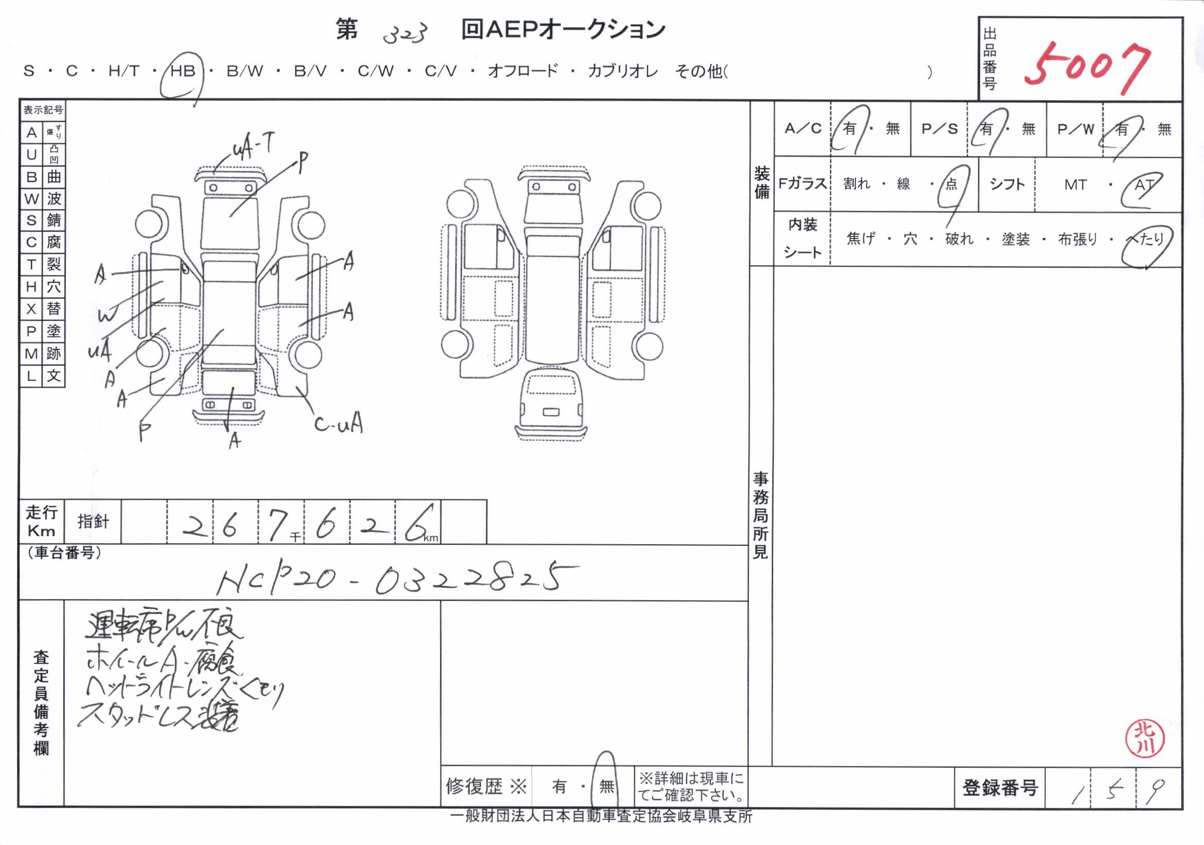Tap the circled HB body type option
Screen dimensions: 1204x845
tap(183, 71)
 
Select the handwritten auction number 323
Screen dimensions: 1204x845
tap(405, 34)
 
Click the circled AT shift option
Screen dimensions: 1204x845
tap(1144, 185)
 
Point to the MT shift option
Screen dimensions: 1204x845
tap(1075, 185)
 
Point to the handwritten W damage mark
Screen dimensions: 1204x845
tap(107, 315)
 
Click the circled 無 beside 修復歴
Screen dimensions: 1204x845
tap(606, 786)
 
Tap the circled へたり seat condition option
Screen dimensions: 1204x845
tap(1146, 240)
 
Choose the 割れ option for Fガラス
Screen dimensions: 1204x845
tap(857, 184)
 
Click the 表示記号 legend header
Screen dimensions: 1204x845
tap(43, 110)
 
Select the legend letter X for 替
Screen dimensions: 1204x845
tap(31, 309)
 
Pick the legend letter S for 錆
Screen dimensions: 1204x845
tap(31, 220)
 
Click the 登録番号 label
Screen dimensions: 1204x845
tap(1000, 788)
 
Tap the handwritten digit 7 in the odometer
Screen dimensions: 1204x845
tap(277, 525)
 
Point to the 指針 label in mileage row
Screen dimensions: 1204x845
tap(93, 522)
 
